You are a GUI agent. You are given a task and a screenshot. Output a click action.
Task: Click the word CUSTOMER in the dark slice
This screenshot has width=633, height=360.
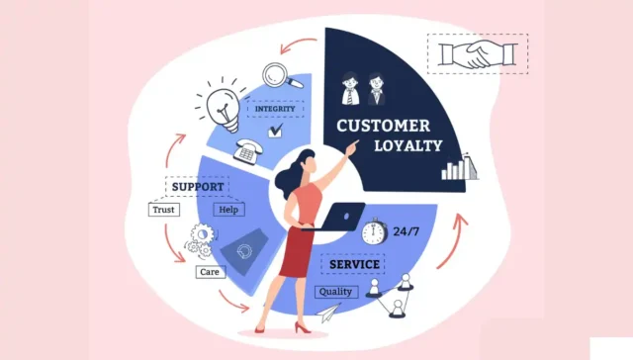point(383,127)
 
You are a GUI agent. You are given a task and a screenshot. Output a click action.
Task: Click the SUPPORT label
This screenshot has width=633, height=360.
point(197,186)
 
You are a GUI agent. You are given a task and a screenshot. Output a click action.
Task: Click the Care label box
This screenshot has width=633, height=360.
point(209,271)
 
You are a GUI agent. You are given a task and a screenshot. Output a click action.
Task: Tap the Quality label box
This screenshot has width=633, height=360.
point(336,292)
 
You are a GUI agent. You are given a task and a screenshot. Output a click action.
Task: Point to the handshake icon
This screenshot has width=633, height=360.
point(478,54)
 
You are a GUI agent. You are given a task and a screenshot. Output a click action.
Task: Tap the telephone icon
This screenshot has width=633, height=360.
point(246,151)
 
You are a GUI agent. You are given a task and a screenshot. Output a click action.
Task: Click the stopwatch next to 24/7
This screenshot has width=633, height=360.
point(373,231)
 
